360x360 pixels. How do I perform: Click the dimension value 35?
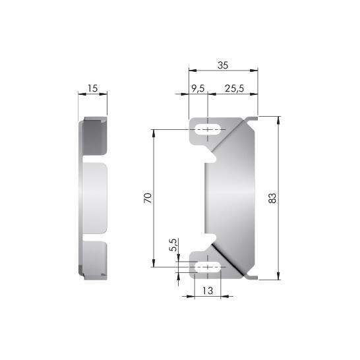[x=223, y=65]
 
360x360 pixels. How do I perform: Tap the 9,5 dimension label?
[x=198, y=88]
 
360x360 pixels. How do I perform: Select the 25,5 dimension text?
[x=234, y=88]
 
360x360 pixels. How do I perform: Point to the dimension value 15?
[x=93, y=88]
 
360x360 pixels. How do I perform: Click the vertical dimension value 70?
[x=148, y=198]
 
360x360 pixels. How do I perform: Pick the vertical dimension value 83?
[x=272, y=198]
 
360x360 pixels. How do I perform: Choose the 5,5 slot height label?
[x=173, y=245]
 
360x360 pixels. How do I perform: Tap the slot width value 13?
[x=208, y=291]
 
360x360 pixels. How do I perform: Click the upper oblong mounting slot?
[x=208, y=129]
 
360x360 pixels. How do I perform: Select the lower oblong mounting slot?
[x=208, y=267]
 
